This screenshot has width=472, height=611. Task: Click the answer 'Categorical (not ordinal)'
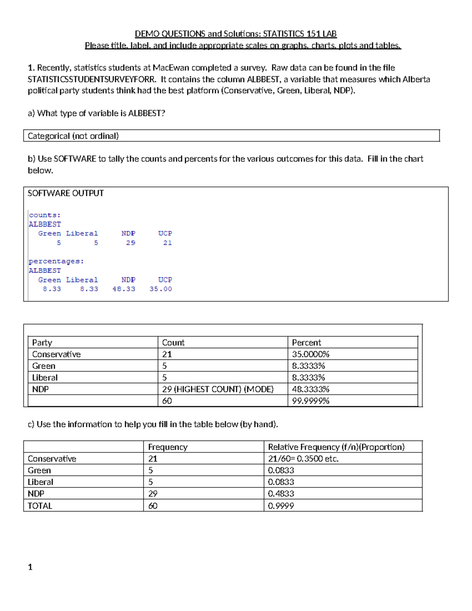(x=73, y=136)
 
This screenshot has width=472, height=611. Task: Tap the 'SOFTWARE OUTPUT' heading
(x=66, y=193)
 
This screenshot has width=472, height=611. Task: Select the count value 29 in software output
(x=131, y=243)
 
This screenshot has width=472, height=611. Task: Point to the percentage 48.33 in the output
(x=124, y=289)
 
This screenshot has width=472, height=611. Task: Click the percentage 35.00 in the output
(x=160, y=289)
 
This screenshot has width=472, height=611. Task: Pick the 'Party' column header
(x=42, y=342)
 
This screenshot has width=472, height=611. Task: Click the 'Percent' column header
(x=306, y=342)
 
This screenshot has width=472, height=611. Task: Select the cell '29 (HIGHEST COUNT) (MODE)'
(x=218, y=389)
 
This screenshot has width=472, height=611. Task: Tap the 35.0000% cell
(x=310, y=354)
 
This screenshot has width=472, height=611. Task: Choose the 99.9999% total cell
(x=310, y=401)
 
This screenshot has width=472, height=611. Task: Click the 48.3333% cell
(x=310, y=389)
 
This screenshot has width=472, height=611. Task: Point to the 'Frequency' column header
(x=168, y=447)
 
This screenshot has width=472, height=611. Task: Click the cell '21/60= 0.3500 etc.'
(x=303, y=459)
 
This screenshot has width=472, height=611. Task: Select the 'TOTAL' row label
(x=40, y=506)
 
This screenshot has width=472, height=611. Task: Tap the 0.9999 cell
(x=281, y=506)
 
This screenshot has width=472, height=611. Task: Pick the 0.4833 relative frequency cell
(x=281, y=494)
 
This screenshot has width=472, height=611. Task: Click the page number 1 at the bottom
(x=30, y=567)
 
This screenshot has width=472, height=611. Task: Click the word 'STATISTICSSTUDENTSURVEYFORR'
(x=91, y=79)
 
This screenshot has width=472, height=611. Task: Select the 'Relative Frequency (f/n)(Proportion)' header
(x=336, y=447)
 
